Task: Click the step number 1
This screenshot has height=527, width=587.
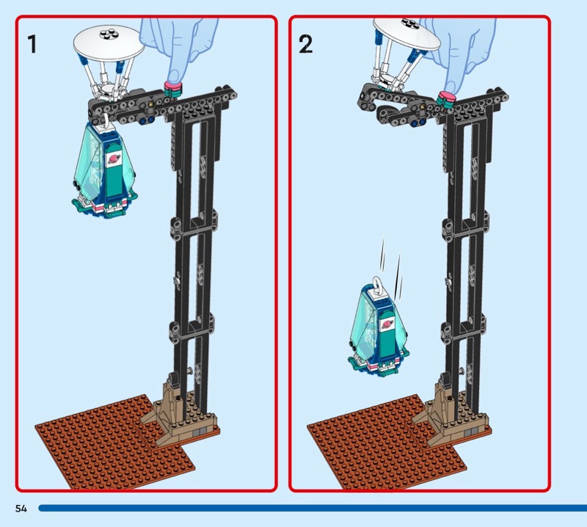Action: click(x=32, y=44)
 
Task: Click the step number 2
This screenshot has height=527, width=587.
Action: click(x=305, y=44)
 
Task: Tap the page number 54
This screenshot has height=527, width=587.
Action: click(x=21, y=508)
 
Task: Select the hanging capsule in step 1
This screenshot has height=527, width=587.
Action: click(x=104, y=169)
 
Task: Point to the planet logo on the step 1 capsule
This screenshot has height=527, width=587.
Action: click(x=113, y=161)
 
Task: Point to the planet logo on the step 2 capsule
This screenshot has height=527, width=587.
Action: click(x=386, y=324)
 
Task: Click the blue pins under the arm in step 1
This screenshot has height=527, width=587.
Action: click(x=147, y=120)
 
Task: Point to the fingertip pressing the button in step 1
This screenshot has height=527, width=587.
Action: click(x=174, y=76)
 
